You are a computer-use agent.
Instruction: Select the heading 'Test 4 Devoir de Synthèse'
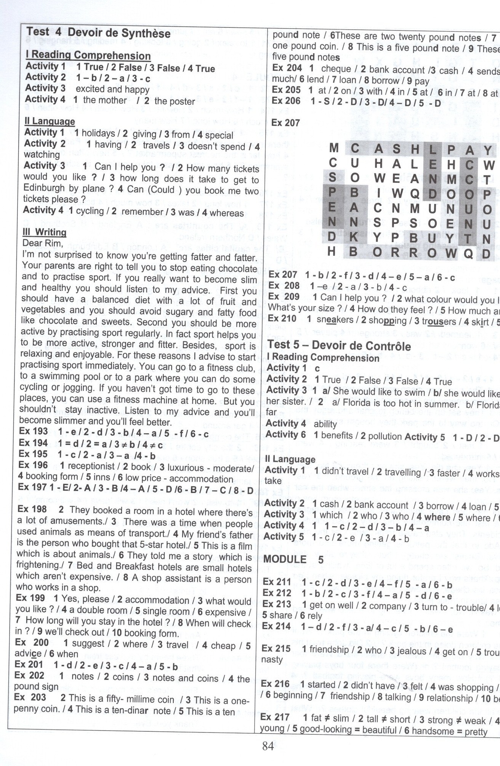pos(98,34)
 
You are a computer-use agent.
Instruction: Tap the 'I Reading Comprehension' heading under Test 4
pos(88,56)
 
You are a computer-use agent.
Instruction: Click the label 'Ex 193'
pos(34,431)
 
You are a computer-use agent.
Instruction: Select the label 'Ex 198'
pos(32,509)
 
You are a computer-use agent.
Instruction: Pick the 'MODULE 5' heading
pos(293,560)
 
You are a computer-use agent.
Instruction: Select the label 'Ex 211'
pos(277,582)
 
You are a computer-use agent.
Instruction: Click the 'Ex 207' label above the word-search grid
pos(285,123)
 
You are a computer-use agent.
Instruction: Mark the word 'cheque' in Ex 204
pos(336,69)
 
